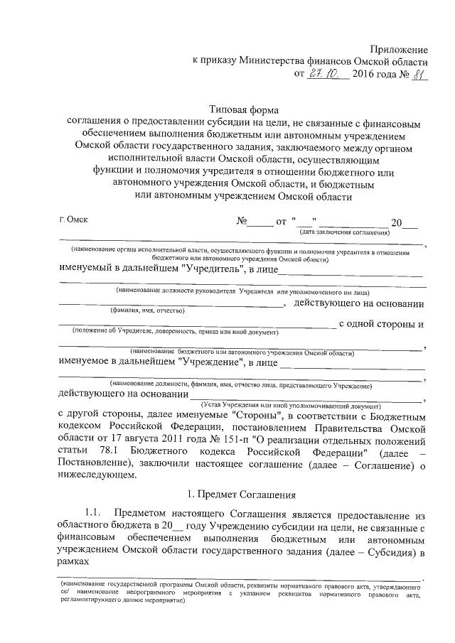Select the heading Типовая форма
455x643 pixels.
(x=243, y=110)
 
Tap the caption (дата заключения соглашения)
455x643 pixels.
(x=344, y=233)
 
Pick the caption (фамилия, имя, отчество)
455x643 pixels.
(x=147, y=310)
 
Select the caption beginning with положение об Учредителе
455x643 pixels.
(x=174, y=332)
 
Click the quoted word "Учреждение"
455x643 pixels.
(x=212, y=362)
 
